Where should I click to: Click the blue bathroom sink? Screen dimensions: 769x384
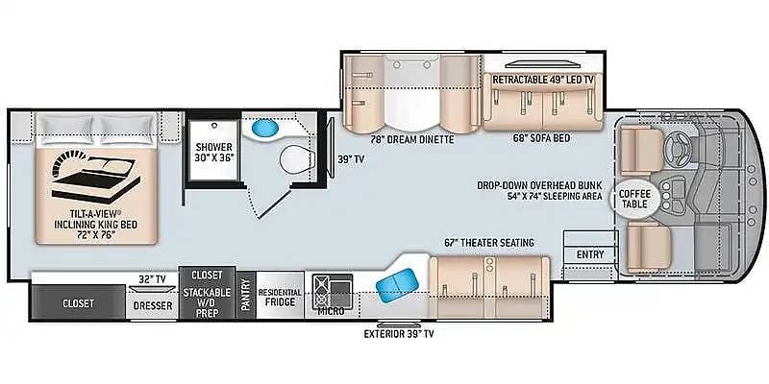265,129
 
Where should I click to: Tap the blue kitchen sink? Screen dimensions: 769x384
397,282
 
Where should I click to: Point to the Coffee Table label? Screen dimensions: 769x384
634,199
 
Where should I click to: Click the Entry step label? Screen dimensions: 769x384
590,254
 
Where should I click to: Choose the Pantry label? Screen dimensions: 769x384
246,294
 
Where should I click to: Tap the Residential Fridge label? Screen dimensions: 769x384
280,297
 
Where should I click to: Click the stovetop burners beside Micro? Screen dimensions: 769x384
322,291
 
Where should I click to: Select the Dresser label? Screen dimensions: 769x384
153,306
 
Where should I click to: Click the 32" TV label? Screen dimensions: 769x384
152,279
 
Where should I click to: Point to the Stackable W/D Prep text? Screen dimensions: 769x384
207,302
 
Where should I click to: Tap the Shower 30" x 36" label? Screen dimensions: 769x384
213,152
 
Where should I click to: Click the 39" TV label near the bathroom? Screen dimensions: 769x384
350,159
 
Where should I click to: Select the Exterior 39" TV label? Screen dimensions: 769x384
399,334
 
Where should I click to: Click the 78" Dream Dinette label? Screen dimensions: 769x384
412,139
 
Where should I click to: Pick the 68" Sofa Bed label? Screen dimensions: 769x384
541,138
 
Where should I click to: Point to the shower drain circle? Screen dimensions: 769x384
213,126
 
